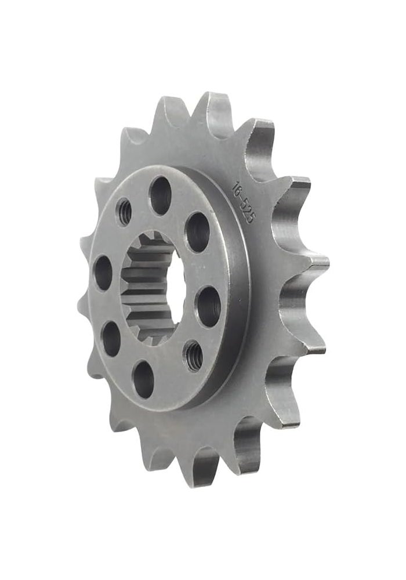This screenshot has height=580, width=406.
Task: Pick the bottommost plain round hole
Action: (143, 379)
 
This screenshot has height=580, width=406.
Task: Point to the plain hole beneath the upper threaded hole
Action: (103, 271)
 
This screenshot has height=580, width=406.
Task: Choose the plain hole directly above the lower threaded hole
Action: (208, 306)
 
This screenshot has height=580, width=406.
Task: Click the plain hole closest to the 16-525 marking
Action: (197, 231)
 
